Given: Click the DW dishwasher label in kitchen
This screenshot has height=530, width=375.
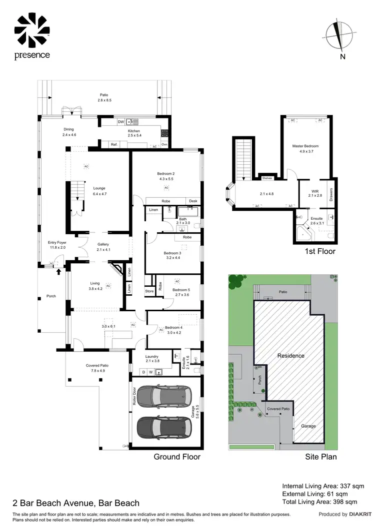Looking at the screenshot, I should [120, 121].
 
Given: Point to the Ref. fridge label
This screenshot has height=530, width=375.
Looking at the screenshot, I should [114, 145].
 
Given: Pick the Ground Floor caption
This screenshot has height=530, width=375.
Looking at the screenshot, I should [177, 457].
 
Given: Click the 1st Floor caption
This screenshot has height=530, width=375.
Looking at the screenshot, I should [320, 251].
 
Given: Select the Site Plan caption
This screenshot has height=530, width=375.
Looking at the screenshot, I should [320, 457].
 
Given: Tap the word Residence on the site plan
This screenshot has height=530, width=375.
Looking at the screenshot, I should [291, 356].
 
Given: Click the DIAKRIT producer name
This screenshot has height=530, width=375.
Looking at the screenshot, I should [358, 514].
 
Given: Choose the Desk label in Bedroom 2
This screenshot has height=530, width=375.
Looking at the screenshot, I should [192, 201].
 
